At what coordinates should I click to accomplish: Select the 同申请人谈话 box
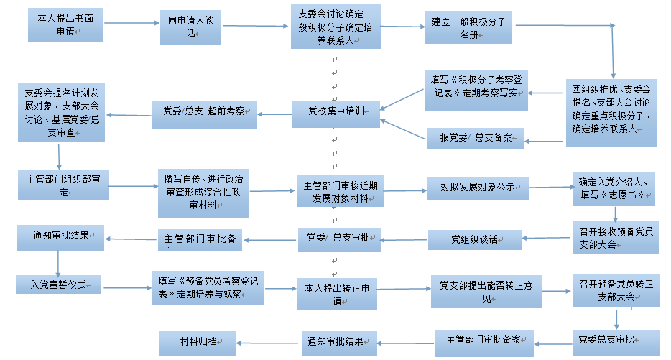(x=191, y=27)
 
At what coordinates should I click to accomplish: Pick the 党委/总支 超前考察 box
(x=198, y=112)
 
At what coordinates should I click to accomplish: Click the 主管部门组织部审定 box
(x=57, y=185)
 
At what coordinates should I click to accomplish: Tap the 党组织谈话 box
(x=476, y=239)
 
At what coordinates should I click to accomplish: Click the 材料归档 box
(x=198, y=343)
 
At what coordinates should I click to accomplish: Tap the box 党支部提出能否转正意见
(x=481, y=290)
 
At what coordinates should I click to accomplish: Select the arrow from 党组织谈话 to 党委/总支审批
(x=404, y=239)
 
